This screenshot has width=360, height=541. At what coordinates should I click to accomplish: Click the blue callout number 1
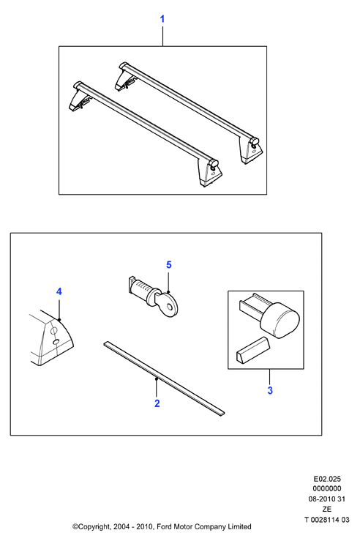pyautogui.click(x=162, y=19)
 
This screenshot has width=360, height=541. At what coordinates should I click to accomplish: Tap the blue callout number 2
pyautogui.click(x=157, y=403)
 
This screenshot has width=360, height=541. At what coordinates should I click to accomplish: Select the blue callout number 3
pyautogui.click(x=270, y=391)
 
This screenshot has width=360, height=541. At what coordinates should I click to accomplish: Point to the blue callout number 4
pyautogui.click(x=59, y=291)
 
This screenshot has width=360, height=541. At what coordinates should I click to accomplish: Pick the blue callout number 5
pyautogui.click(x=168, y=264)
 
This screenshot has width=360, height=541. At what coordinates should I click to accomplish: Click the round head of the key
pyautogui.click(x=170, y=306)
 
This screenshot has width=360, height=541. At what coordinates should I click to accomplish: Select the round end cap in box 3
pyautogui.click(x=280, y=320)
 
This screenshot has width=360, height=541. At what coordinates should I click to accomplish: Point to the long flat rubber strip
pyautogui.click(x=164, y=378)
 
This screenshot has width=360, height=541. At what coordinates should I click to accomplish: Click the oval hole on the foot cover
pyautogui.click(x=56, y=342)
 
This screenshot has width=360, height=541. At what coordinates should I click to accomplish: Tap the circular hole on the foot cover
pyautogui.click(x=53, y=331)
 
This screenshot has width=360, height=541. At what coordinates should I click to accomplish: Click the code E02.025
pyautogui.click(x=327, y=479)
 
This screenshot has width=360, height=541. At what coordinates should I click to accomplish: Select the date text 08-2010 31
pyautogui.click(x=326, y=499)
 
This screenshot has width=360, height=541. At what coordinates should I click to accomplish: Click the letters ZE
pyautogui.click(x=327, y=509)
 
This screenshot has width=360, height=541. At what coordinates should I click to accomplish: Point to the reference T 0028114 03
pyautogui.click(x=327, y=519)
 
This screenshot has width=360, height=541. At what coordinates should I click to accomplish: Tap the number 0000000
pyautogui.click(x=327, y=489)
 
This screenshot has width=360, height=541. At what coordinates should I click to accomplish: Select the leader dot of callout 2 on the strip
pyautogui.click(x=157, y=378)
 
